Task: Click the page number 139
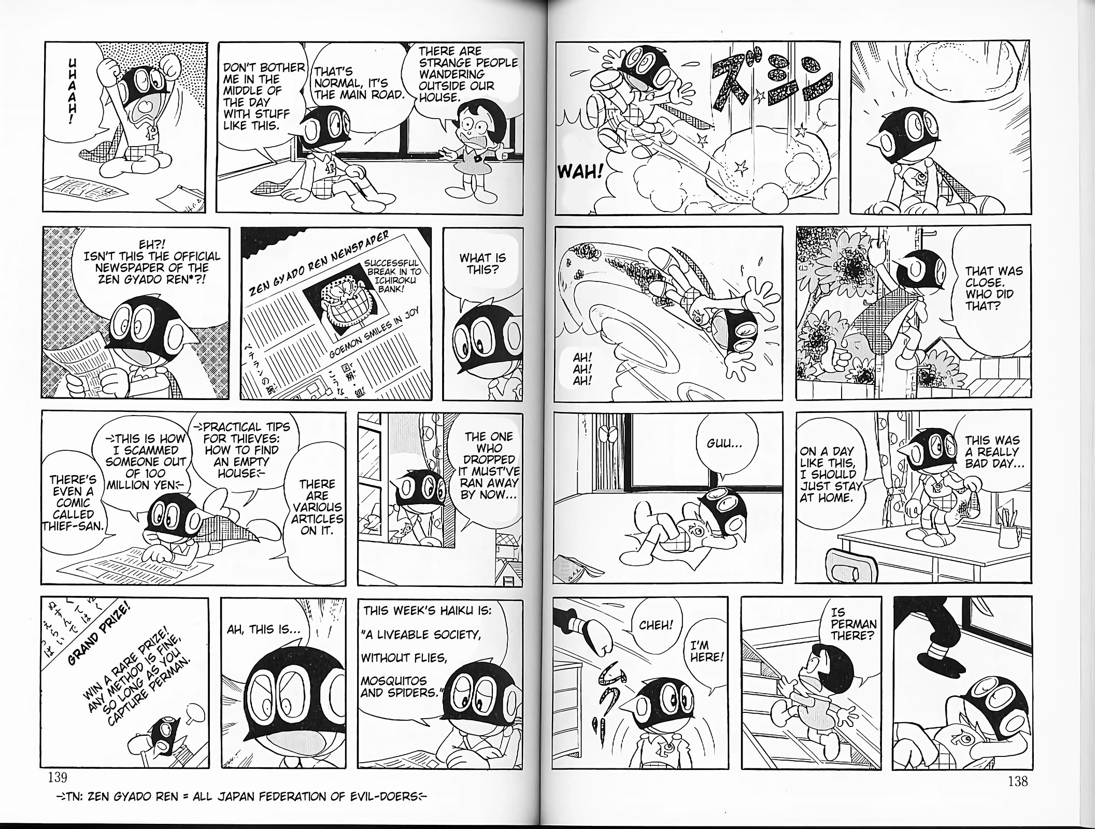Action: (x=57, y=777)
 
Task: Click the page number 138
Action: (x=1018, y=780)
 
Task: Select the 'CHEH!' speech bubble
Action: (x=656, y=625)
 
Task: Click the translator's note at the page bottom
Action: (x=238, y=796)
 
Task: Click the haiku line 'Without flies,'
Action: (x=404, y=658)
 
